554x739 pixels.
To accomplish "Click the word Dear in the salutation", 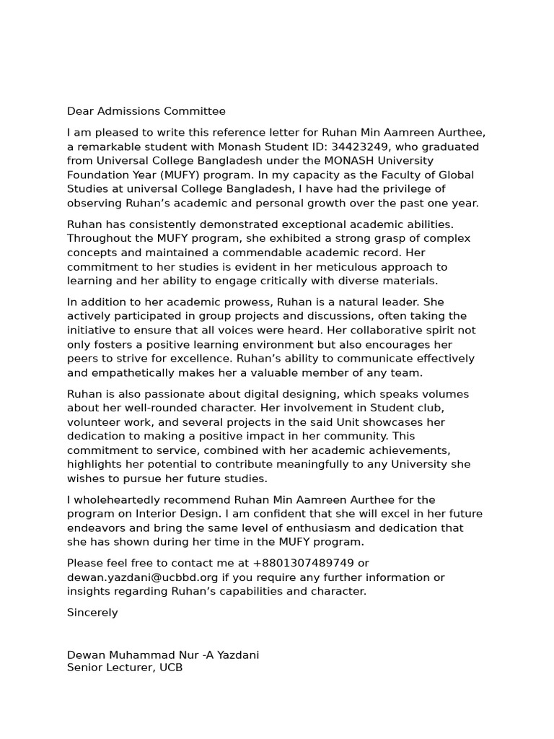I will point(80,111).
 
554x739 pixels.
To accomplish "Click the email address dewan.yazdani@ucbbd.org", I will point(142,577).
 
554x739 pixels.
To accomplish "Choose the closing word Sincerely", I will point(92,612).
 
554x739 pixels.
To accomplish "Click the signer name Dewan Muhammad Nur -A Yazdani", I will point(163,655).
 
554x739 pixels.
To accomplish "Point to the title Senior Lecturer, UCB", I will point(125,668).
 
